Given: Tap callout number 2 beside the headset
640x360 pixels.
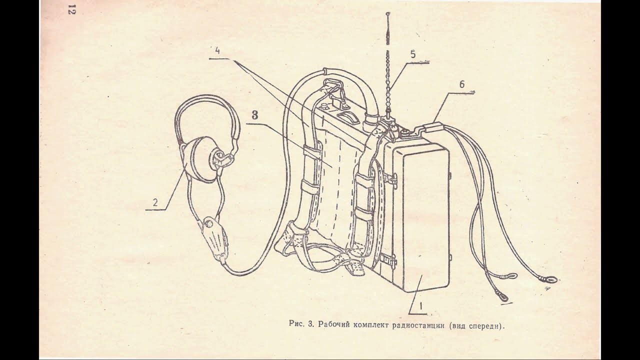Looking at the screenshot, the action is coord(155,202).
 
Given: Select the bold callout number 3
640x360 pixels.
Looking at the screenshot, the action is coord(255,114).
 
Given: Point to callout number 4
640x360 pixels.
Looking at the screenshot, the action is coord(217,50).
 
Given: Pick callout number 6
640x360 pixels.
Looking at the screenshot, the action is coord(462,84).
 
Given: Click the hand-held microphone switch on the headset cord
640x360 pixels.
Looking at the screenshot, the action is coord(213,239).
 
